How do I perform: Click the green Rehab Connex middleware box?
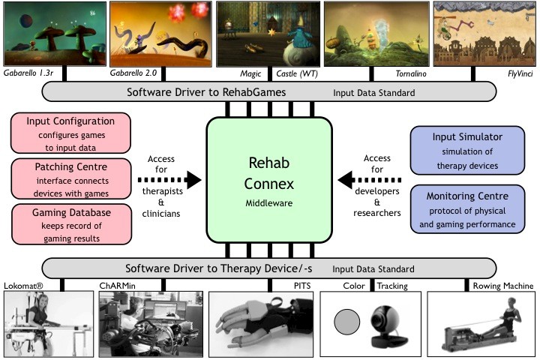click(269, 180)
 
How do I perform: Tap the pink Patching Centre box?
click(60, 177)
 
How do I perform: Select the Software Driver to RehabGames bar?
click(269, 92)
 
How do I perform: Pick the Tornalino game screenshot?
click(375, 31)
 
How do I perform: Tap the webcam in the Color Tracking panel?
click(389, 321)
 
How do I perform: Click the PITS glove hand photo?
click(259, 323)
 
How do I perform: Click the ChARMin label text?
click(117, 286)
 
